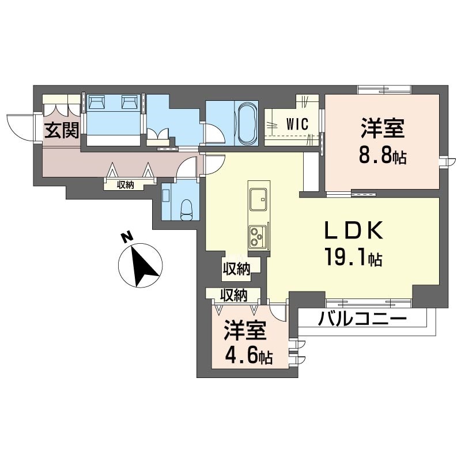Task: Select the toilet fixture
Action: (186, 207)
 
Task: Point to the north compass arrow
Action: (141, 266)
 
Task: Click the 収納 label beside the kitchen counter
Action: (237, 268)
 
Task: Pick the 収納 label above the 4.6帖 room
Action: (233, 295)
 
